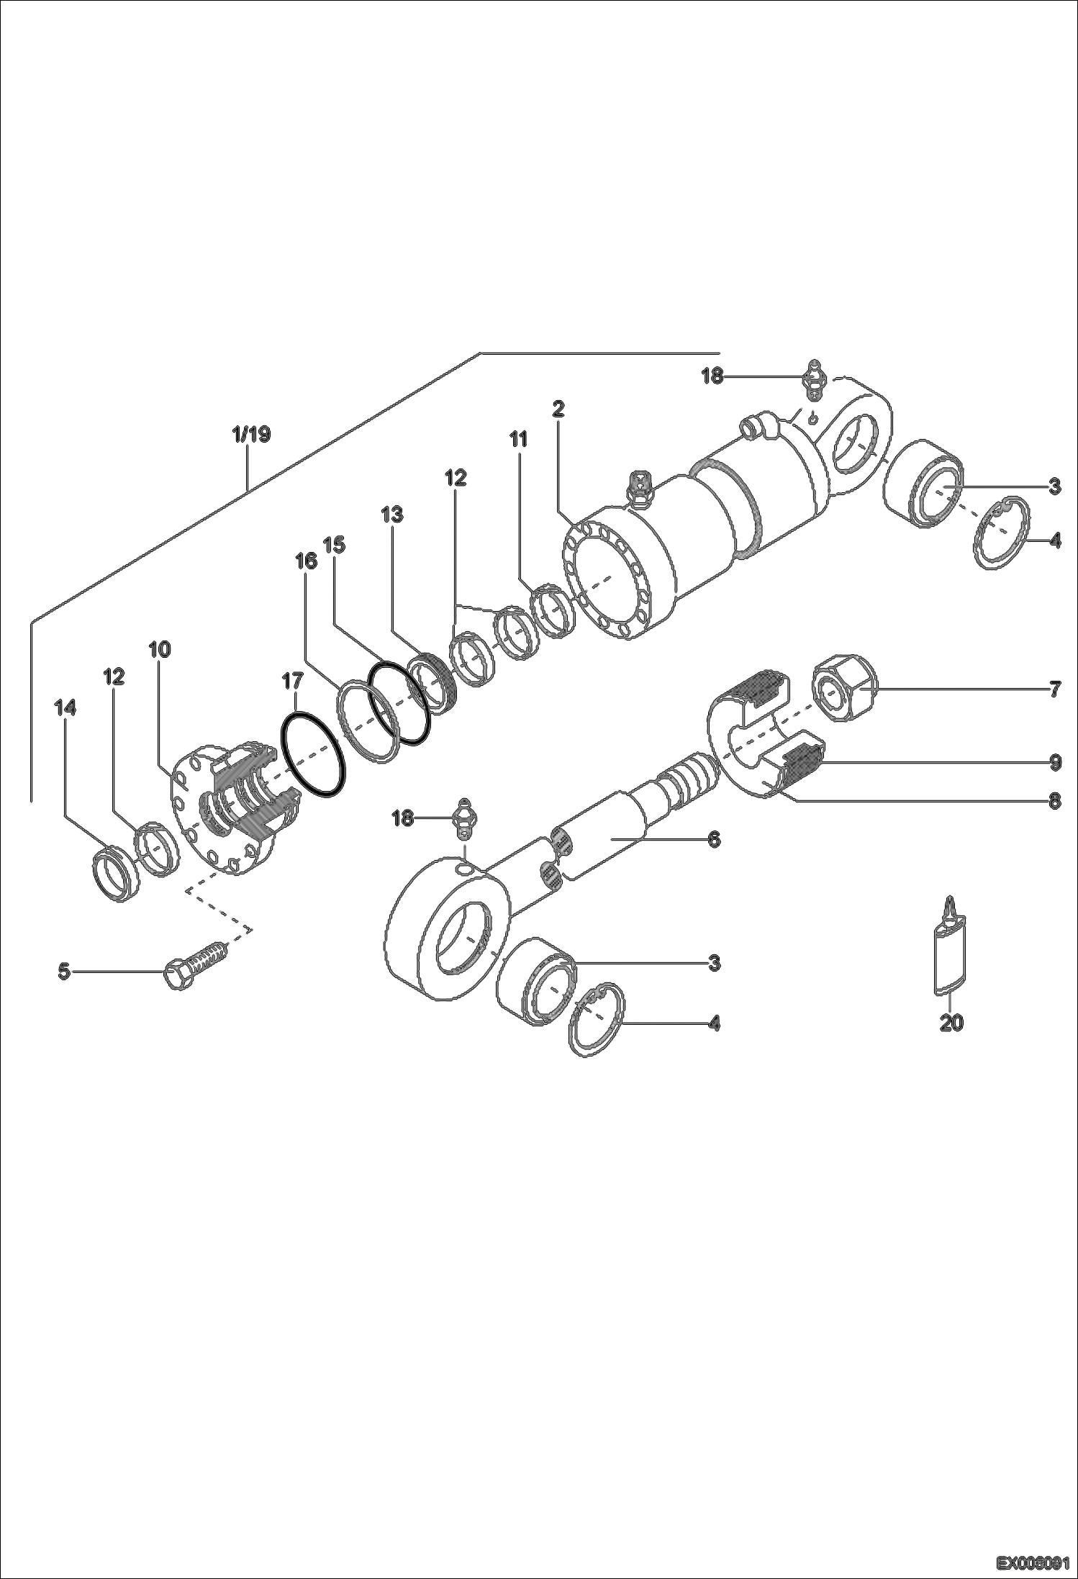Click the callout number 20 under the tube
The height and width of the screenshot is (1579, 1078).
coord(951,1023)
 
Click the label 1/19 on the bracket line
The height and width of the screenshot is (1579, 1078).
coord(251,434)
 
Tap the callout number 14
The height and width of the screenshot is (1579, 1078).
coord(65,708)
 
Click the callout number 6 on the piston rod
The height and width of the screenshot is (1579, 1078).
coord(714,839)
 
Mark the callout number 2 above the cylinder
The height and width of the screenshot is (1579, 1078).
coord(558,409)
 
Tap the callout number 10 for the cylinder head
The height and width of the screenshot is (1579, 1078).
coord(160,649)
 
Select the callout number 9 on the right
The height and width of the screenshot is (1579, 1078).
coord(1054,763)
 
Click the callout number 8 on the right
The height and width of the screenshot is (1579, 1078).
coord(1054,802)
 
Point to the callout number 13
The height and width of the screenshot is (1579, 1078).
coord(392,515)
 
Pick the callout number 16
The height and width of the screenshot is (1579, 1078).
coord(306,561)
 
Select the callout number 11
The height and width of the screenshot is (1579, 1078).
coord(518,439)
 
